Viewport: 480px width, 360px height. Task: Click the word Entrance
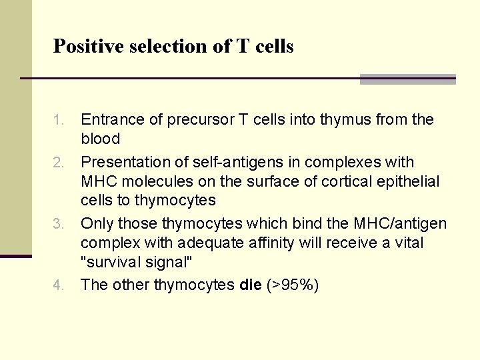pyautogui.click(x=111, y=120)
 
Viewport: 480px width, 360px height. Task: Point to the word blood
pyautogui.click(x=100, y=139)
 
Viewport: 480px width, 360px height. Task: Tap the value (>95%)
pyautogui.click(x=293, y=285)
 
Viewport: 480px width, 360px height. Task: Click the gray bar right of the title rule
pyautogui.click(x=407, y=79)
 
